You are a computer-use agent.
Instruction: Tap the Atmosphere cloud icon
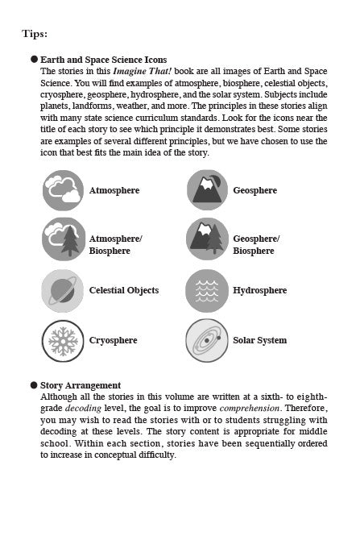coord(62,190)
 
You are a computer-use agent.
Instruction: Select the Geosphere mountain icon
coord(206,190)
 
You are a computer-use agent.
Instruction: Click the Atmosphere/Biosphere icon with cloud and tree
coord(62,239)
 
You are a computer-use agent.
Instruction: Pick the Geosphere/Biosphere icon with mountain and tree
coord(206,239)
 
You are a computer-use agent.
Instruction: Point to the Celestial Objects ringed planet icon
coord(62,289)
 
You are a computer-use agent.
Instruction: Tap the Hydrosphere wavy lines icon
coord(206,289)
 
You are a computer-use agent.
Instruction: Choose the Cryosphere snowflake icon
coord(62,339)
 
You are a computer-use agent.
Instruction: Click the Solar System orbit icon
coord(206,339)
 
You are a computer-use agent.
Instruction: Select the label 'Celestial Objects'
coord(123,290)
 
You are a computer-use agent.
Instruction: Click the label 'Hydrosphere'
coord(259,290)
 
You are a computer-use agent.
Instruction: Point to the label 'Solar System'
coord(259,340)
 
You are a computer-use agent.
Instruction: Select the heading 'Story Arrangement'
coord(81,385)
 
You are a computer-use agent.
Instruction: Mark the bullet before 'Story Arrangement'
coord(34,385)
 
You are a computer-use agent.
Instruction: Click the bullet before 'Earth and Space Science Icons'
coord(34,60)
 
